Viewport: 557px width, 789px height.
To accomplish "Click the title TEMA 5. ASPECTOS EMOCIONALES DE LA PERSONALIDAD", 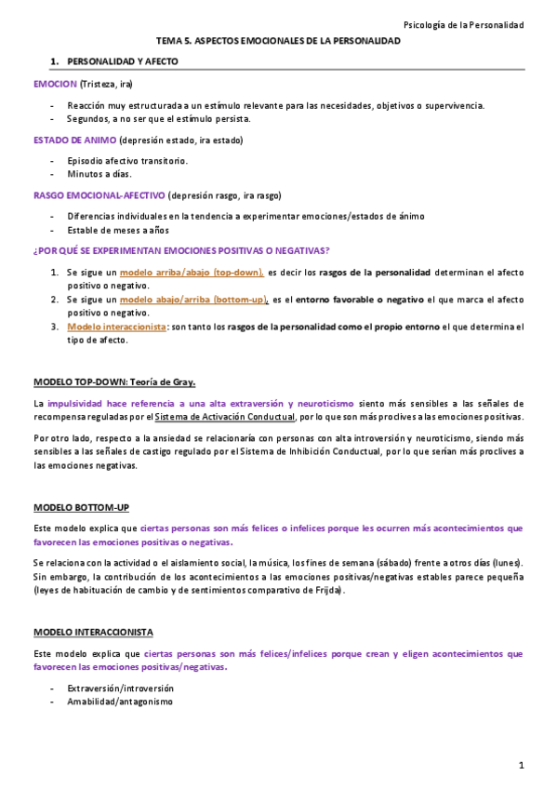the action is click(278, 42).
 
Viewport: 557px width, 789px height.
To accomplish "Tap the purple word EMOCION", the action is click(55, 84).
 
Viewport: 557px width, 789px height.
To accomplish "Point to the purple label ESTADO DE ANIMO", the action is click(74, 140).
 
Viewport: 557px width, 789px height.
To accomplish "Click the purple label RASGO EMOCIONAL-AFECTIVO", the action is click(99, 195).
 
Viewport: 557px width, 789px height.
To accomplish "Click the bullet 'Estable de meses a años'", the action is click(117, 230).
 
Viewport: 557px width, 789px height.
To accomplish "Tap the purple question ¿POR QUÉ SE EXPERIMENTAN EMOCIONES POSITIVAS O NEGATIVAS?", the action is click(181, 251).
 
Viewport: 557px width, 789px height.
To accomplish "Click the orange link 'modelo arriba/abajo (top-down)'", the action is click(192, 273).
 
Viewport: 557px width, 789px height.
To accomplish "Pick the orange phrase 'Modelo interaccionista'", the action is click(116, 327).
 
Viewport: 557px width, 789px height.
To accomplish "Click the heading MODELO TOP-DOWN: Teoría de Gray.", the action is click(114, 382).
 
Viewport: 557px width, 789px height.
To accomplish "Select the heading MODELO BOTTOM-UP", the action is click(81, 507).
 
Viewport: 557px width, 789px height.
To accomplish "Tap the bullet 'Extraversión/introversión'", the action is click(120, 688).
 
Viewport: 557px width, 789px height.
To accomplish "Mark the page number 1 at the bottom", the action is click(523, 766).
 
